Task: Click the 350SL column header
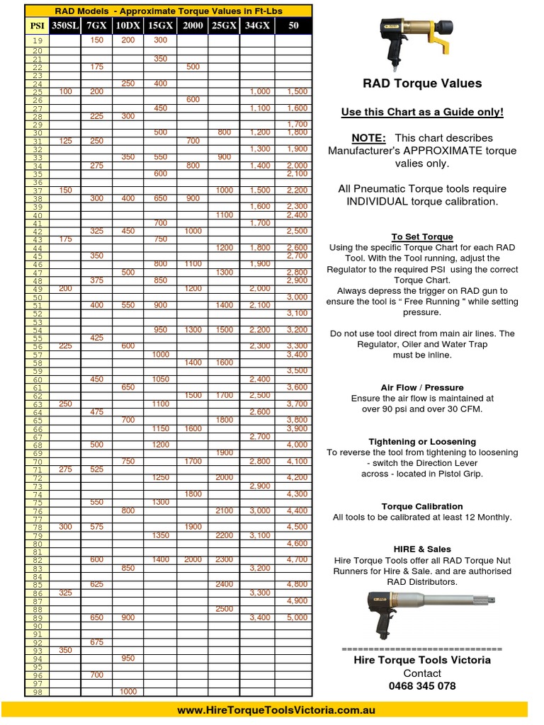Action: click(x=65, y=25)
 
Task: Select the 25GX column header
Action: click(x=225, y=25)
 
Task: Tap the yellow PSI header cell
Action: click(x=37, y=25)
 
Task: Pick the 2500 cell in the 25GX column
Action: click(x=225, y=609)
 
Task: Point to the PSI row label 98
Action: click(x=37, y=692)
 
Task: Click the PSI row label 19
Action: click(x=37, y=41)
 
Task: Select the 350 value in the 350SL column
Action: click(x=65, y=650)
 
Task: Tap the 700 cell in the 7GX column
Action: click(x=96, y=675)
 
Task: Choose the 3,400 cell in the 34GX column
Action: click(x=259, y=617)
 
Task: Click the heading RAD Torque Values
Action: click(x=422, y=84)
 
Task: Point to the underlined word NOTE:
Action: click(x=368, y=138)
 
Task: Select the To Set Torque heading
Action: click(x=422, y=236)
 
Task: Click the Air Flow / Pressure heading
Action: click(x=422, y=387)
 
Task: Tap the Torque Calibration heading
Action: click(x=422, y=506)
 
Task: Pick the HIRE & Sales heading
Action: click(x=422, y=549)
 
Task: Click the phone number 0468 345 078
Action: click(x=422, y=686)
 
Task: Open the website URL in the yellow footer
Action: click(x=275, y=710)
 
